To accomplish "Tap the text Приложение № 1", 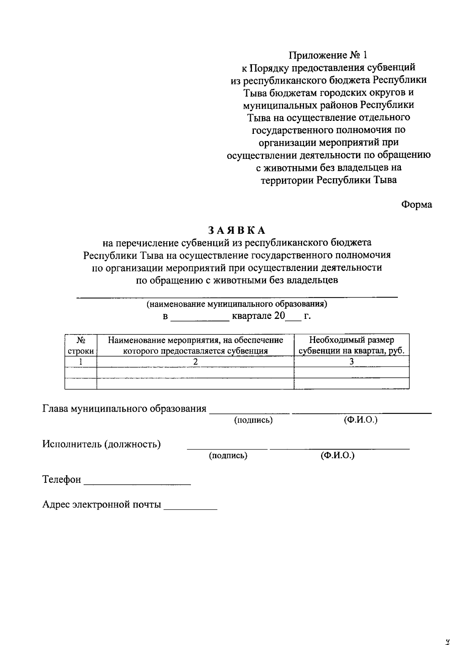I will [x=328, y=55].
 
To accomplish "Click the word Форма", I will [x=417, y=204].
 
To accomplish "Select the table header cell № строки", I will [x=81, y=345].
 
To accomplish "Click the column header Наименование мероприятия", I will [x=195, y=345].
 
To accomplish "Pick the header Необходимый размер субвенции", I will [x=351, y=345].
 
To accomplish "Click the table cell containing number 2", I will [x=195, y=362].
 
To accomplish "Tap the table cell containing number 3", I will [x=351, y=362].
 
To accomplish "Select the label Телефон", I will [x=62, y=480].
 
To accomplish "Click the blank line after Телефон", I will [x=137, y=483].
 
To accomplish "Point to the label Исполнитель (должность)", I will [x=101, y=444].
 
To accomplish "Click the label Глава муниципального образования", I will [x=124, y=409].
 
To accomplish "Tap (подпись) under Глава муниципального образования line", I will [x=253, y=420].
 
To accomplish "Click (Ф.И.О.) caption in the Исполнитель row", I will [x=337, y=455].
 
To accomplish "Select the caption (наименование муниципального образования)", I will [x=237, y=304].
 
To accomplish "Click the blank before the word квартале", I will [x=200, y=319].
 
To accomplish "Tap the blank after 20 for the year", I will [x=293, y=319].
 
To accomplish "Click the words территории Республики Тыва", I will [x=328, y=180].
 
